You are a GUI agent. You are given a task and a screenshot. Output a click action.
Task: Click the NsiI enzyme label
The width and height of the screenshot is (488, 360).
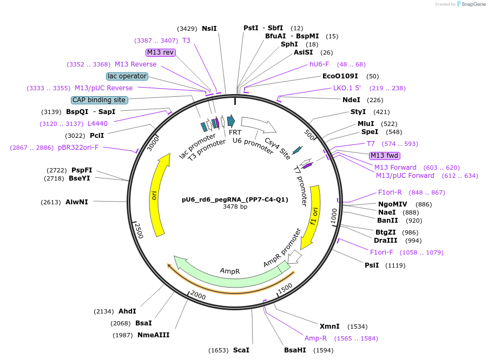pos(209,28)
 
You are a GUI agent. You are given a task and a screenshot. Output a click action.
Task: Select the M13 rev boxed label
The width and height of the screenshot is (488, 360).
pos(161,52)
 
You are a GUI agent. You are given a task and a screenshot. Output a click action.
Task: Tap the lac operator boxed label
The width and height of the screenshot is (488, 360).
pos(127,76)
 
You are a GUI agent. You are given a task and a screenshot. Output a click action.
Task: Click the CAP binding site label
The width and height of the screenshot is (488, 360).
pos(100,100)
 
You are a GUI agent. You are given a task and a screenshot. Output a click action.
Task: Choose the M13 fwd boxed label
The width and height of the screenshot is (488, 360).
pos(384,156)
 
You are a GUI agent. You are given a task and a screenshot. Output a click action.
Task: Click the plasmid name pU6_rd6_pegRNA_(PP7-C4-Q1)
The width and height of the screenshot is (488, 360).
pos(235,199)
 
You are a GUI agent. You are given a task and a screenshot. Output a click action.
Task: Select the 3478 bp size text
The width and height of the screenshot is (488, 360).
pos(235,207)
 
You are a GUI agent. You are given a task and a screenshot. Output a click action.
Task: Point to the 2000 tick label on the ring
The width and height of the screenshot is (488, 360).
pos(197,296)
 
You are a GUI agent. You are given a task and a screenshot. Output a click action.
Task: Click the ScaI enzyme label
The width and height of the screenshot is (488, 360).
pos(241,350)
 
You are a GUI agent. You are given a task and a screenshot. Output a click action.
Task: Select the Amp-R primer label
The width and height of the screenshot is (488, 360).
pos(315,338)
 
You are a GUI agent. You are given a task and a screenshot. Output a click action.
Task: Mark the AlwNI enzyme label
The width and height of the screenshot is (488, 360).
pos(76,202)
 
